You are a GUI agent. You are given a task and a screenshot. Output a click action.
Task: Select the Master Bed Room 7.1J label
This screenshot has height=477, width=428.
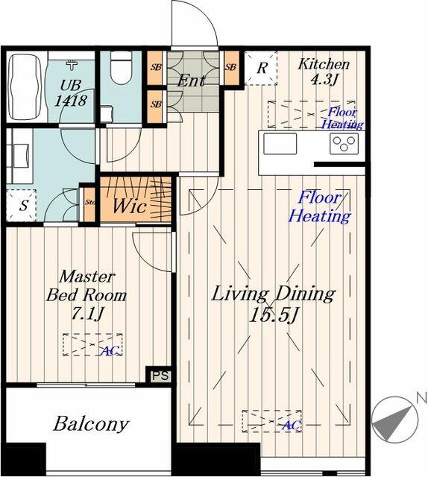pyautogui.click(x=86, y=294)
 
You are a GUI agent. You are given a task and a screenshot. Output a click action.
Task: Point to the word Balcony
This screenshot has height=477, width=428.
pyautogui.click(x=91, y=425)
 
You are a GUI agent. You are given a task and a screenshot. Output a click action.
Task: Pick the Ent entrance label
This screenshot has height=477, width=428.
pyautogui.click(x=191, y=80)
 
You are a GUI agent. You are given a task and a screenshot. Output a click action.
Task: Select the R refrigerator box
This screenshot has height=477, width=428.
pyautogui.click(x=261, y=68)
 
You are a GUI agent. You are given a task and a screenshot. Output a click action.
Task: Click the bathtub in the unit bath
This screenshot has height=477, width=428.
pyautogui.click(x=24, y=87)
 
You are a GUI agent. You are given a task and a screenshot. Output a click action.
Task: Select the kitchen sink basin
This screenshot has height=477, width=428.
pyautogui.click(x=280, y=143)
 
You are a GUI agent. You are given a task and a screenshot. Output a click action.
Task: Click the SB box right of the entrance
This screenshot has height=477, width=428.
pyautogui.click(x=230, y=68)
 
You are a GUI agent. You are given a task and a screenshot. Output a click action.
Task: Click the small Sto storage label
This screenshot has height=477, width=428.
pyautogui.click(x=89, y=202)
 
